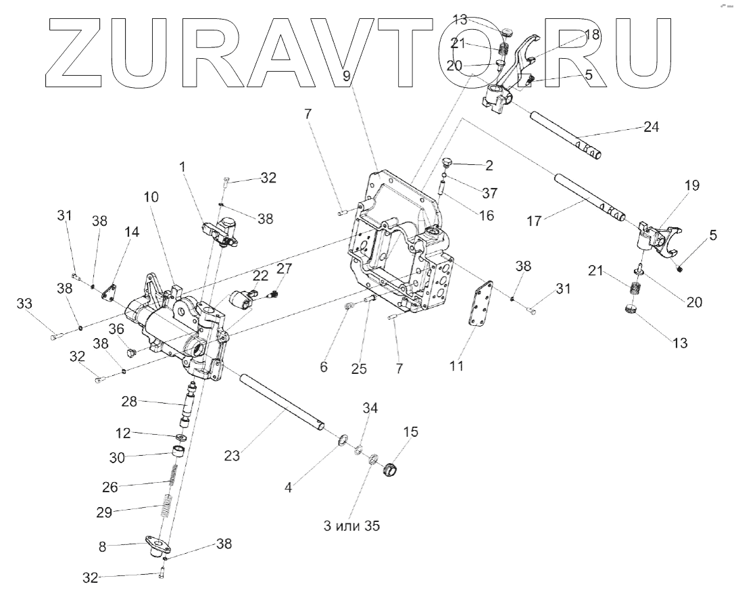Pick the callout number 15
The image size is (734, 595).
410,431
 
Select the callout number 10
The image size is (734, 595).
151,197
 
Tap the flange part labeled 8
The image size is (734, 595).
157,545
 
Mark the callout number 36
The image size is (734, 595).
117,329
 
